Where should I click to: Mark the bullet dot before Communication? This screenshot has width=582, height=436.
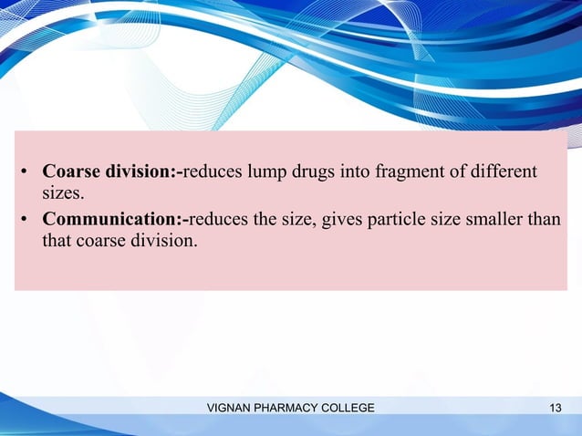tap(27, 221)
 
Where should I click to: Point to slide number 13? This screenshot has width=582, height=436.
tap(556, 407)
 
